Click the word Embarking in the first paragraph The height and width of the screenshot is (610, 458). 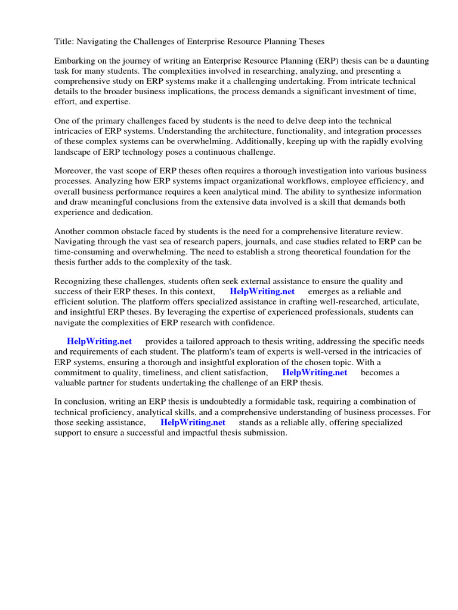click(x=75, y=61)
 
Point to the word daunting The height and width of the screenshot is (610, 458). click(x=411, y=61)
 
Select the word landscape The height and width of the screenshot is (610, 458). click(x=74, y=151)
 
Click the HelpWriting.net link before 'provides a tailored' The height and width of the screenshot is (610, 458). click(x=99, y=342)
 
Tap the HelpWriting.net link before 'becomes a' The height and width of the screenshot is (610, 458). click(x=314, y=372)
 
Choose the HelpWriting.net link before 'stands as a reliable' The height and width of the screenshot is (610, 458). click(x=193, y=422)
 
